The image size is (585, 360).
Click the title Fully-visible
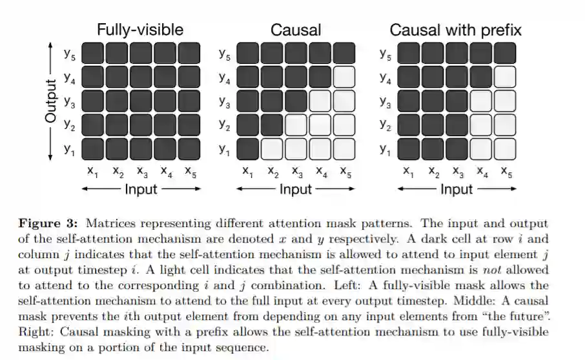point(140,30)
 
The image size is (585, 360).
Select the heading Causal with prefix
point(455,30)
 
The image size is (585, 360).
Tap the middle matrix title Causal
point(296,30)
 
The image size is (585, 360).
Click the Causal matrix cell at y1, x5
point(344,150)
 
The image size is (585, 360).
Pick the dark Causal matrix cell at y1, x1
point(249,150)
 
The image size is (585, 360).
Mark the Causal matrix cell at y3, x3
point(296,101)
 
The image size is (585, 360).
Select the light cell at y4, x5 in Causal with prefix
point(504,77)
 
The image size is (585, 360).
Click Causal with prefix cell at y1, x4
point(480,150)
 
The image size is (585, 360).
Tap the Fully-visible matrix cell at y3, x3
point(141,101)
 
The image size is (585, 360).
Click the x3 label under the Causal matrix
point(296,172)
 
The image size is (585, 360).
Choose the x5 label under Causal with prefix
point(506,172)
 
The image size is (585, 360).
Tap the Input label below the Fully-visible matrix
point(140,189)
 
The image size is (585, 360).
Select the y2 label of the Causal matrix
point(224,126)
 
